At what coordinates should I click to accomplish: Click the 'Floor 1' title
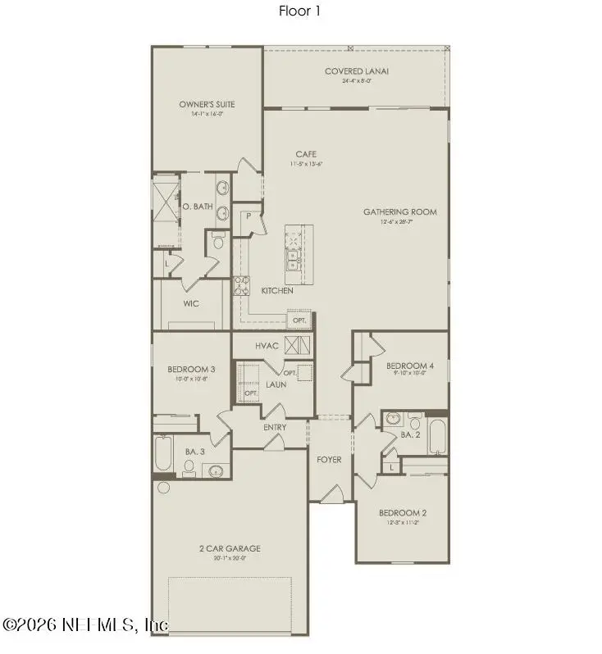click(300, 11)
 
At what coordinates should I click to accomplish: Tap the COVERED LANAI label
click(355, 71)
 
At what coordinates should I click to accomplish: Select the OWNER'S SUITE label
click(207, 104)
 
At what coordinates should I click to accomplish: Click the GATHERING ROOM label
click(400, 211)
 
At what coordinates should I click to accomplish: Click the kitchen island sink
click(293, 261)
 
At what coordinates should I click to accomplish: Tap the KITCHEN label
click(276, 291)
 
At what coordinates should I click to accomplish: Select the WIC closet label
click(191, 303)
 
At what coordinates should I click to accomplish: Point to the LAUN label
click(275, 384)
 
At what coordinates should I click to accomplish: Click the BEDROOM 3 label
click(190, 369)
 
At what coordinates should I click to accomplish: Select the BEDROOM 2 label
click(402, 512)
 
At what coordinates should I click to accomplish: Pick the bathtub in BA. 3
click(162, 454)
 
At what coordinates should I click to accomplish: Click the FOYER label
click(329, 460)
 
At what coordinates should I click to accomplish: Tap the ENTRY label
click(274, 427)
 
